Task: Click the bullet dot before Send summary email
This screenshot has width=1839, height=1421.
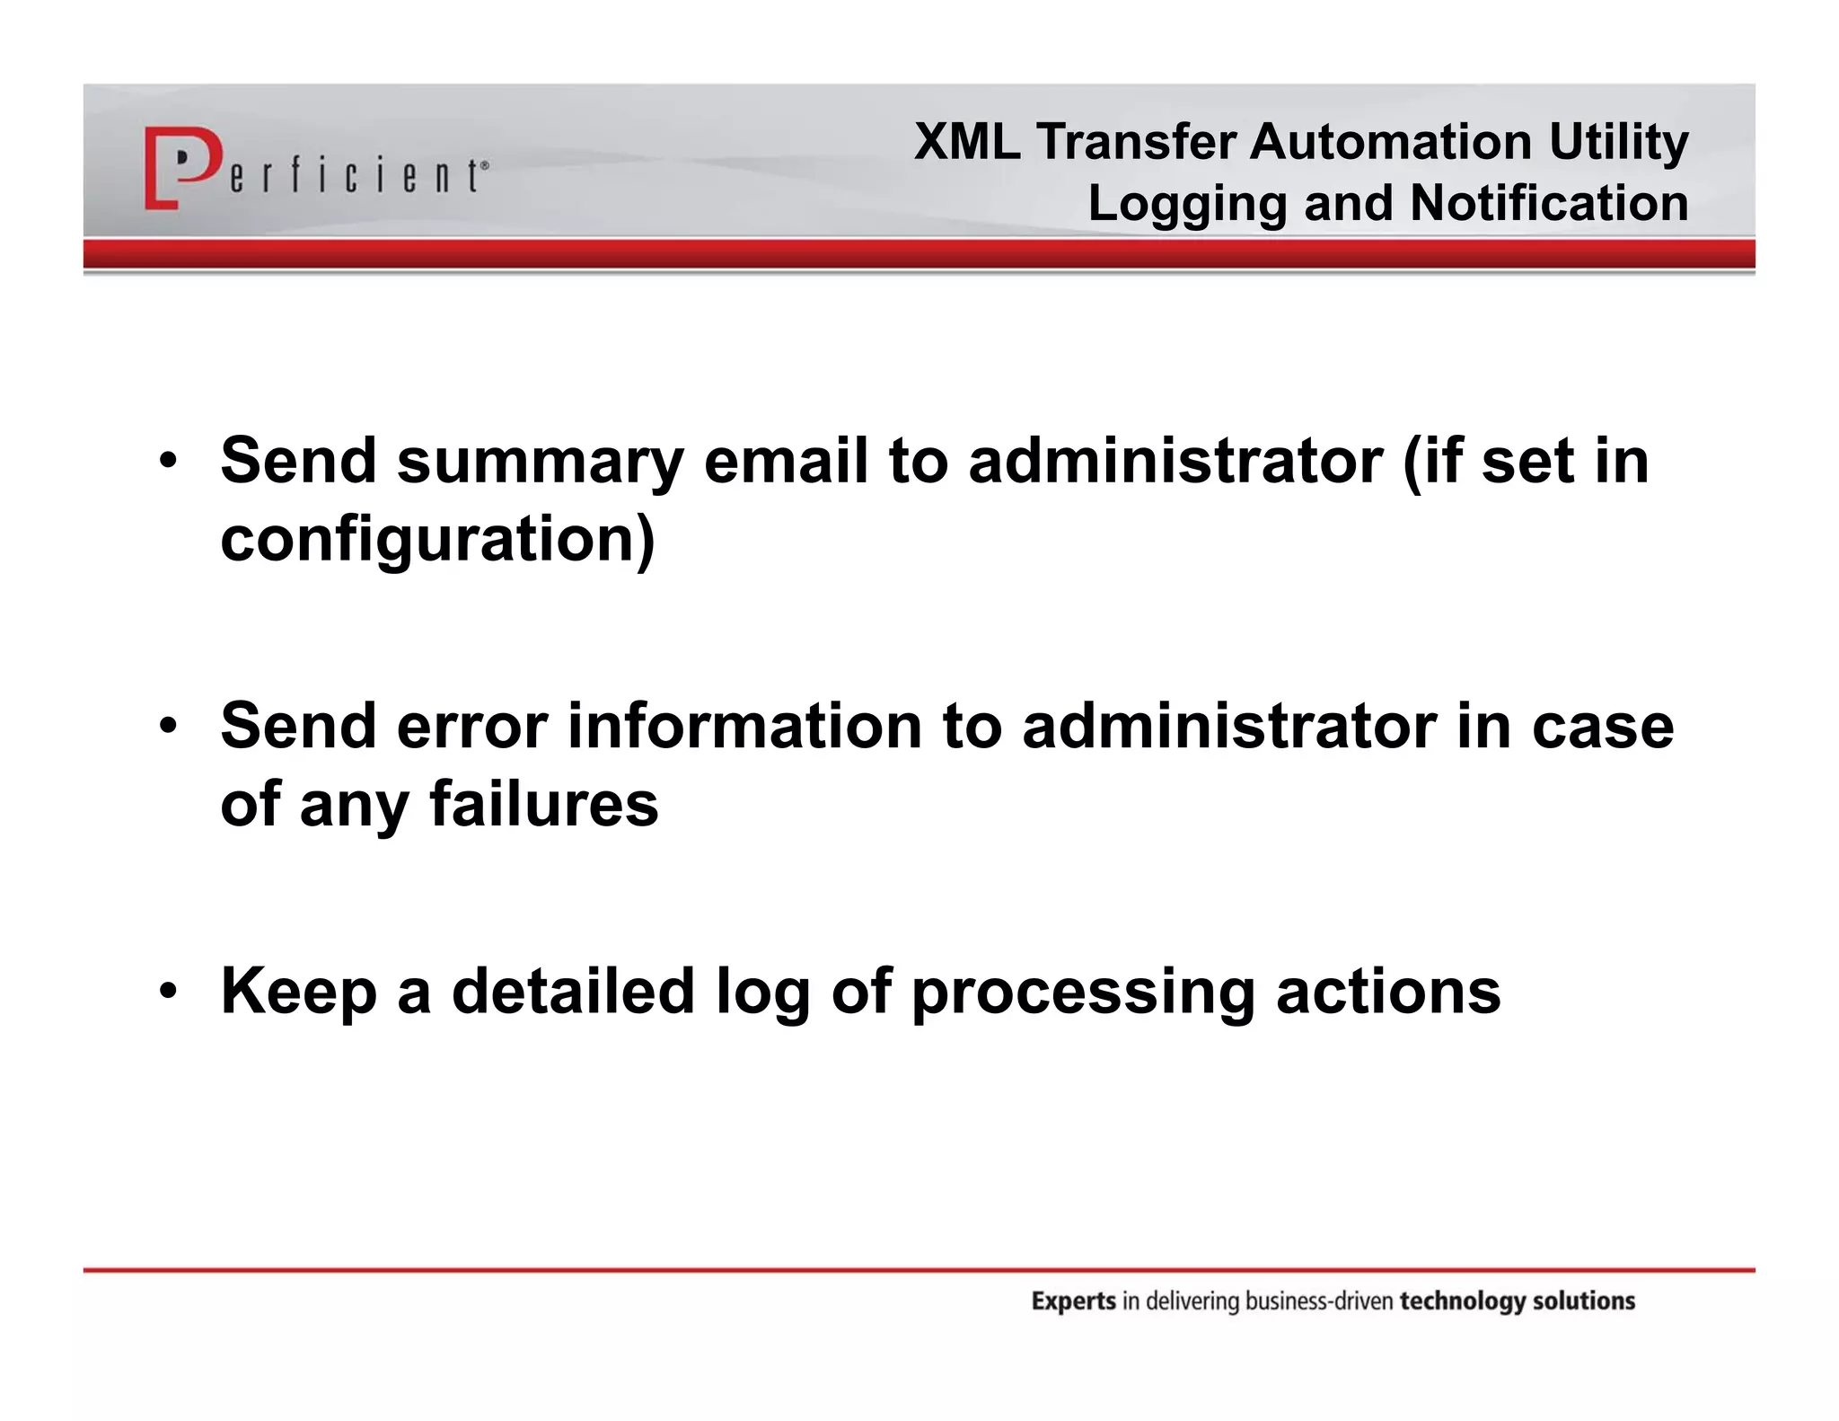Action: [x=167, y=463]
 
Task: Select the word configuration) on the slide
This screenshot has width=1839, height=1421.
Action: [x=437, y=540]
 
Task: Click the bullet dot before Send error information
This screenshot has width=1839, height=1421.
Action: [x=167, y=727]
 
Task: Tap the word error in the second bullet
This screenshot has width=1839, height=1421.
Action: [x=471, y=727]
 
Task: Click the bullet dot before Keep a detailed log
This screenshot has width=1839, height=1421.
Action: [x=167, y=992]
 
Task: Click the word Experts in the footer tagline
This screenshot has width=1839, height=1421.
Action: [x=1073, y=1302]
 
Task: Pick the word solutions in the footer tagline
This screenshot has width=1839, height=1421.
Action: [x=1583, y=1301]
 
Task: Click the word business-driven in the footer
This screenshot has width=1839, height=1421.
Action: [x=1320, y=1301]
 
